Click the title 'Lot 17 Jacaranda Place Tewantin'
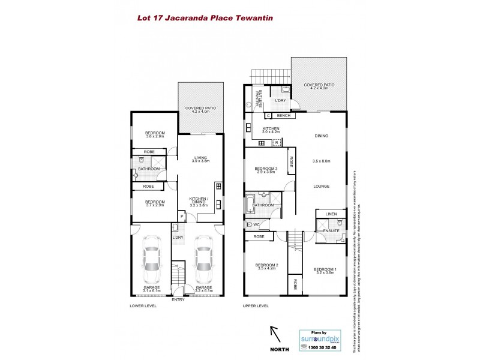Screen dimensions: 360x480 point(205,18)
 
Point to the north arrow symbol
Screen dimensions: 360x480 point(275,333)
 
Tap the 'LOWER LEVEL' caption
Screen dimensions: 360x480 point(143,306)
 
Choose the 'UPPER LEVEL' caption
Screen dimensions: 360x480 point(256,306)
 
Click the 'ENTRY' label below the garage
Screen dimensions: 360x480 point(178,299)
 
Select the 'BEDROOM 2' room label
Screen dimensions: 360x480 point(266,265)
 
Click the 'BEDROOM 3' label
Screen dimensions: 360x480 point(266,169)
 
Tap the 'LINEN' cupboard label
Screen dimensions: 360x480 point(331,214)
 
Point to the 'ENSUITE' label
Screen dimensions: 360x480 point(331,230)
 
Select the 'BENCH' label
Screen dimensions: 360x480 point(284,115)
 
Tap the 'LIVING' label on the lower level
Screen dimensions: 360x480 point(200,158)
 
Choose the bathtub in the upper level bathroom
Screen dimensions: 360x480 point(250,203)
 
